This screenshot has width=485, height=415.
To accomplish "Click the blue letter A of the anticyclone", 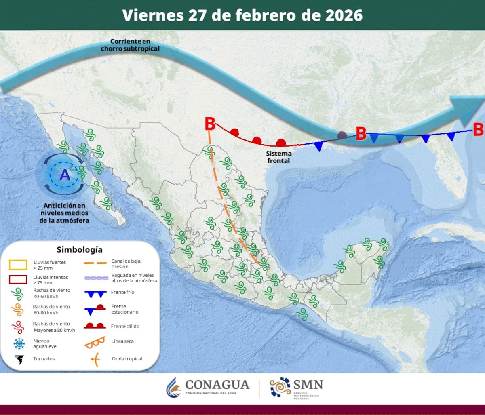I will (65, 175).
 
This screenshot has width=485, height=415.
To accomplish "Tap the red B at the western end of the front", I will (210, 124).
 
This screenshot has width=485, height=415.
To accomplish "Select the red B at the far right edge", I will (478, 130).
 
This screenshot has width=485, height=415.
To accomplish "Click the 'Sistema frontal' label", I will (278, 157).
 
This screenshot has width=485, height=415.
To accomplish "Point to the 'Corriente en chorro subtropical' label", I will (130, 45).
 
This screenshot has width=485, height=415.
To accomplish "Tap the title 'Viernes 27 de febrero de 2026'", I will (242, 15).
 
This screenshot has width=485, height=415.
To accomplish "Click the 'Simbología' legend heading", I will (80, 249).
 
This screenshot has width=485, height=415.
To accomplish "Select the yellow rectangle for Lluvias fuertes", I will (18, 265).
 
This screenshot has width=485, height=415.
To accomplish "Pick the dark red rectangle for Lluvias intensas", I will (18, 280).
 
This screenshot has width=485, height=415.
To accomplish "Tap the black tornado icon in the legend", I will (19, 359).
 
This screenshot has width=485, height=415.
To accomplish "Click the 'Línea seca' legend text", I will (123, 341).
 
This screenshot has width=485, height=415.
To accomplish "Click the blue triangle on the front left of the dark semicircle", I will (319, 146).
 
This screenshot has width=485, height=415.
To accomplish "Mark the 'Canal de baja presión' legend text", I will (126, 263).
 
